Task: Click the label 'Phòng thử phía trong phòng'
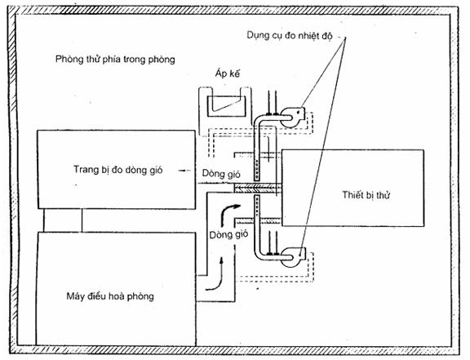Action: (115, 59)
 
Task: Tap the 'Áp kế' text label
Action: (228, 73)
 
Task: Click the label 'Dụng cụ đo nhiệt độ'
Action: (290, 36)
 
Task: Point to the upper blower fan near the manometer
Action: (292, 117)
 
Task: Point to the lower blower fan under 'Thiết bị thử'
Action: (292, 257)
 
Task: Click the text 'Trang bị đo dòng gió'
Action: (118, 170)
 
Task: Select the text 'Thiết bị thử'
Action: (366, 195)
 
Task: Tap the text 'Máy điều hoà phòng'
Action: (110, 296)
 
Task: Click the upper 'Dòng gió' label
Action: (221, 173)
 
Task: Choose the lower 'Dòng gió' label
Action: (228, 234)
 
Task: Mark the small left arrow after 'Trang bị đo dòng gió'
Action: (184, 171)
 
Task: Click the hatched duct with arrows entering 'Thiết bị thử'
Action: (258, 188)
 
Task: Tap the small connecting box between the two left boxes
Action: (63, 220)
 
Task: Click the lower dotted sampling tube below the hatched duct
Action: (257, 206)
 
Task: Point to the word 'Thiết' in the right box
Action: (352, 195)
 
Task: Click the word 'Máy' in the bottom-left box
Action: (75, 296)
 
